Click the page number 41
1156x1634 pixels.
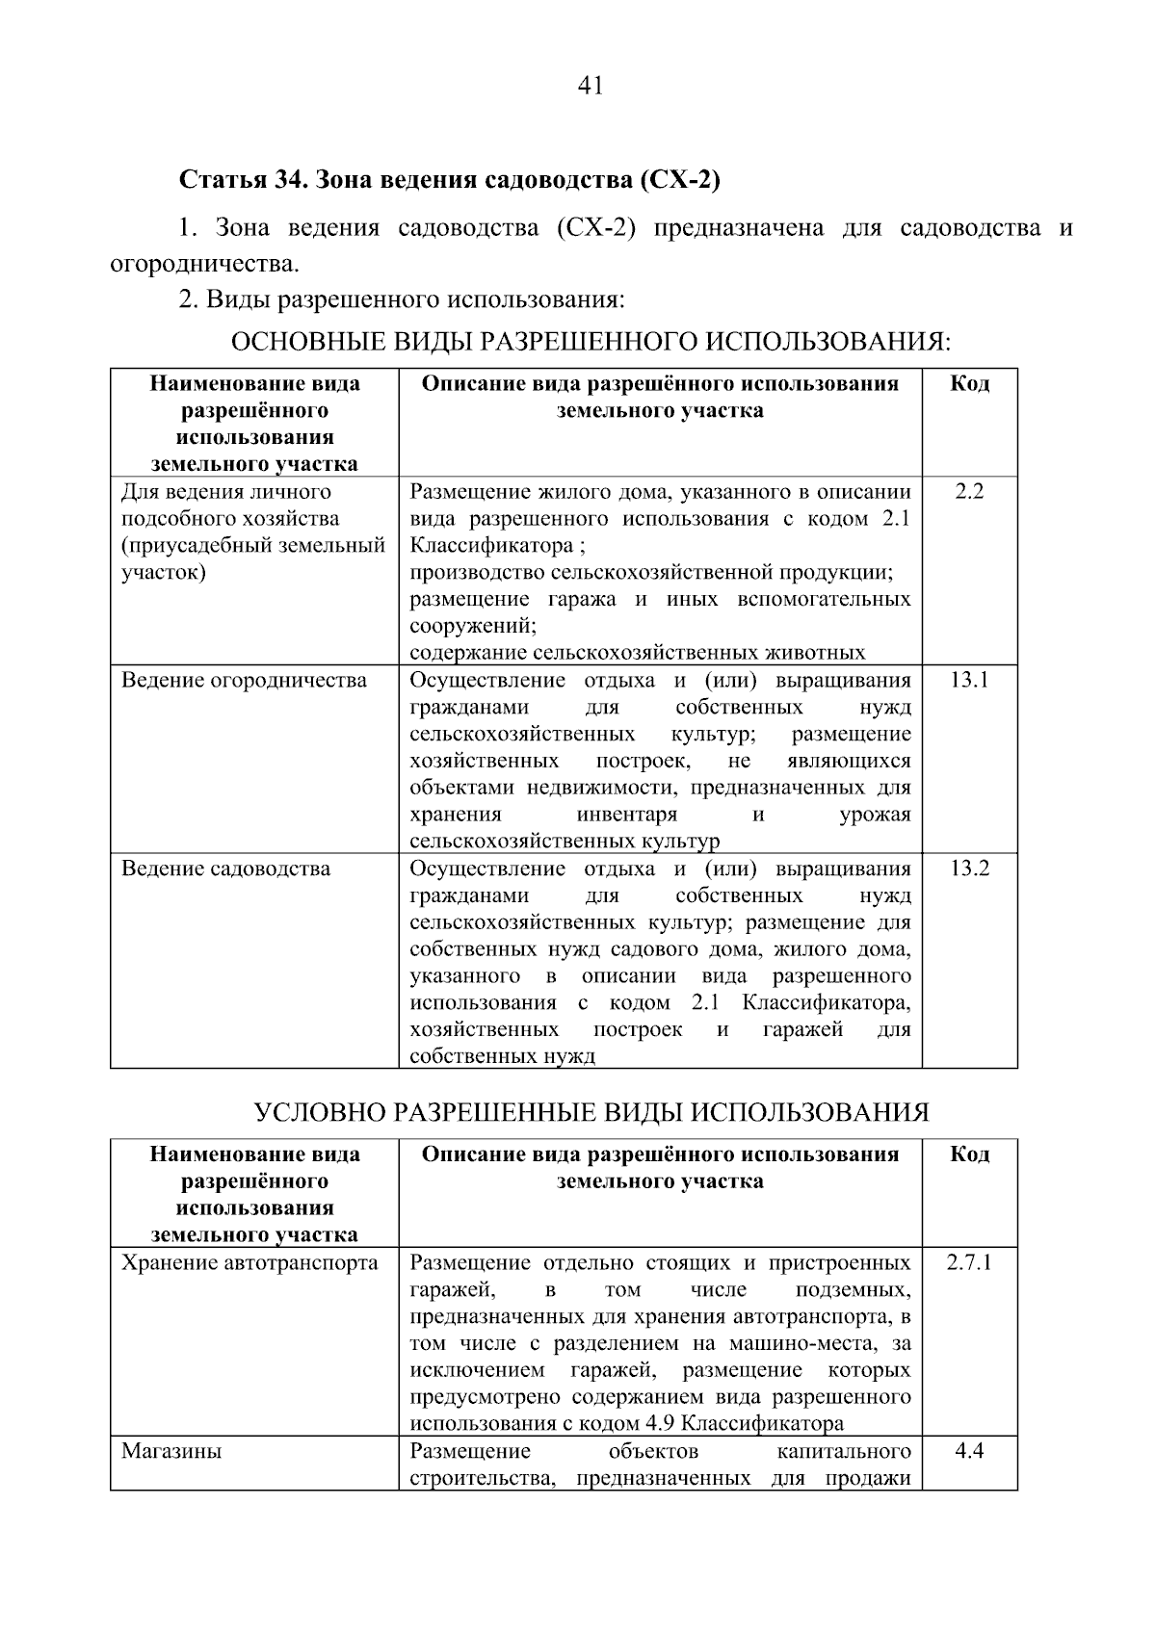click(590, 87)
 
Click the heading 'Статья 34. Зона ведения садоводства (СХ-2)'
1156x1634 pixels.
click(450, 180)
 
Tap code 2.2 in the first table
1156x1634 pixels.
click(969, 492)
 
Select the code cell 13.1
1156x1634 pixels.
click(969, 681)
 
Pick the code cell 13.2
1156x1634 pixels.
click(969, 869)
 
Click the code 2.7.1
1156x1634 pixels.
click(969, 1262)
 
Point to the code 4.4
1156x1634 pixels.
click(969, 1450)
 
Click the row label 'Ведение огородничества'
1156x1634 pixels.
click(244, 681)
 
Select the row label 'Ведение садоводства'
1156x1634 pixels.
click(225, 869)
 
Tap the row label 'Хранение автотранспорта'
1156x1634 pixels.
click(250, 1262)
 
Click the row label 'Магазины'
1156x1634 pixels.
click(171, 1450)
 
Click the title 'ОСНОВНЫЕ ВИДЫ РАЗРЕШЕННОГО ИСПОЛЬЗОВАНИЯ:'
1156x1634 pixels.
click(591, 342)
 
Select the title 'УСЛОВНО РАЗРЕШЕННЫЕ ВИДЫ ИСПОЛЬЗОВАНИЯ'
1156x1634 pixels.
click(591, 1112)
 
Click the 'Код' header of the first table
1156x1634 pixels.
click(969, 383)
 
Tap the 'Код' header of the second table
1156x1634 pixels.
click(969, 1154)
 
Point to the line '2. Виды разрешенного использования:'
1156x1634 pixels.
click(402, 300)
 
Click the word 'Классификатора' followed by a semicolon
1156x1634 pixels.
click(491, 546)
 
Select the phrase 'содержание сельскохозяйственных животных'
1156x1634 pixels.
click(637, 653)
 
